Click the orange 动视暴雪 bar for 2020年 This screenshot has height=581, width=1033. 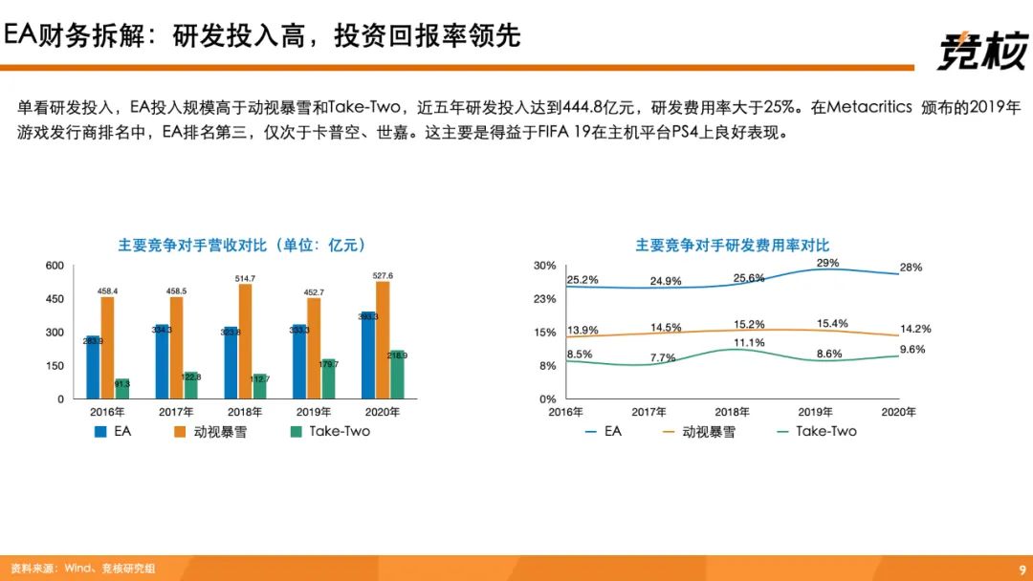click(x=383, y=339)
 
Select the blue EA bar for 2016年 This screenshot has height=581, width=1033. click(x=93, y=367)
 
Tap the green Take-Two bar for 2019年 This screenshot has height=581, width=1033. click(x=328, y=378)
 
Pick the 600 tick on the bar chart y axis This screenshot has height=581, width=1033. click(x=55, y=266)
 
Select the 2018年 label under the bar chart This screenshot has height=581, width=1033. click(x=245, y=412)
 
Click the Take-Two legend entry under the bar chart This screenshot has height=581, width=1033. click(x=330, y=431)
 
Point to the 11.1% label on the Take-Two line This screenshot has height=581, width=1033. click(x=749, y=343)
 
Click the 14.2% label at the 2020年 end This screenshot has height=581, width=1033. click(x=915, y=329)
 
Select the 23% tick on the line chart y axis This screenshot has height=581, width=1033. click(x=544, y=299)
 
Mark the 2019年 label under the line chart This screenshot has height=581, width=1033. click(x=816, y=412)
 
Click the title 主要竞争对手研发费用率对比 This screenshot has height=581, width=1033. click(x=733, y=246)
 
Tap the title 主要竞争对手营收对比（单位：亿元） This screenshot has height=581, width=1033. click(x=242, y=246)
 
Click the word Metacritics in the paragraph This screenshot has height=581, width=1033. click(x=869, y=107)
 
